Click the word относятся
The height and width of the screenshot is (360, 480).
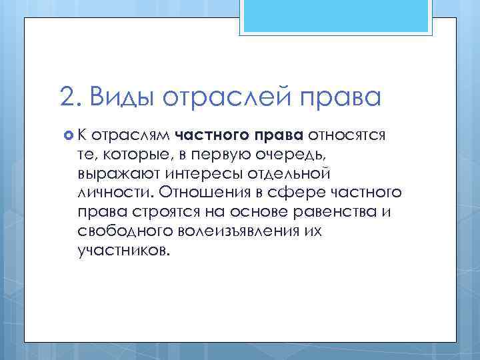[347, 136]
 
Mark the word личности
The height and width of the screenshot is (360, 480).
[115, 193]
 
